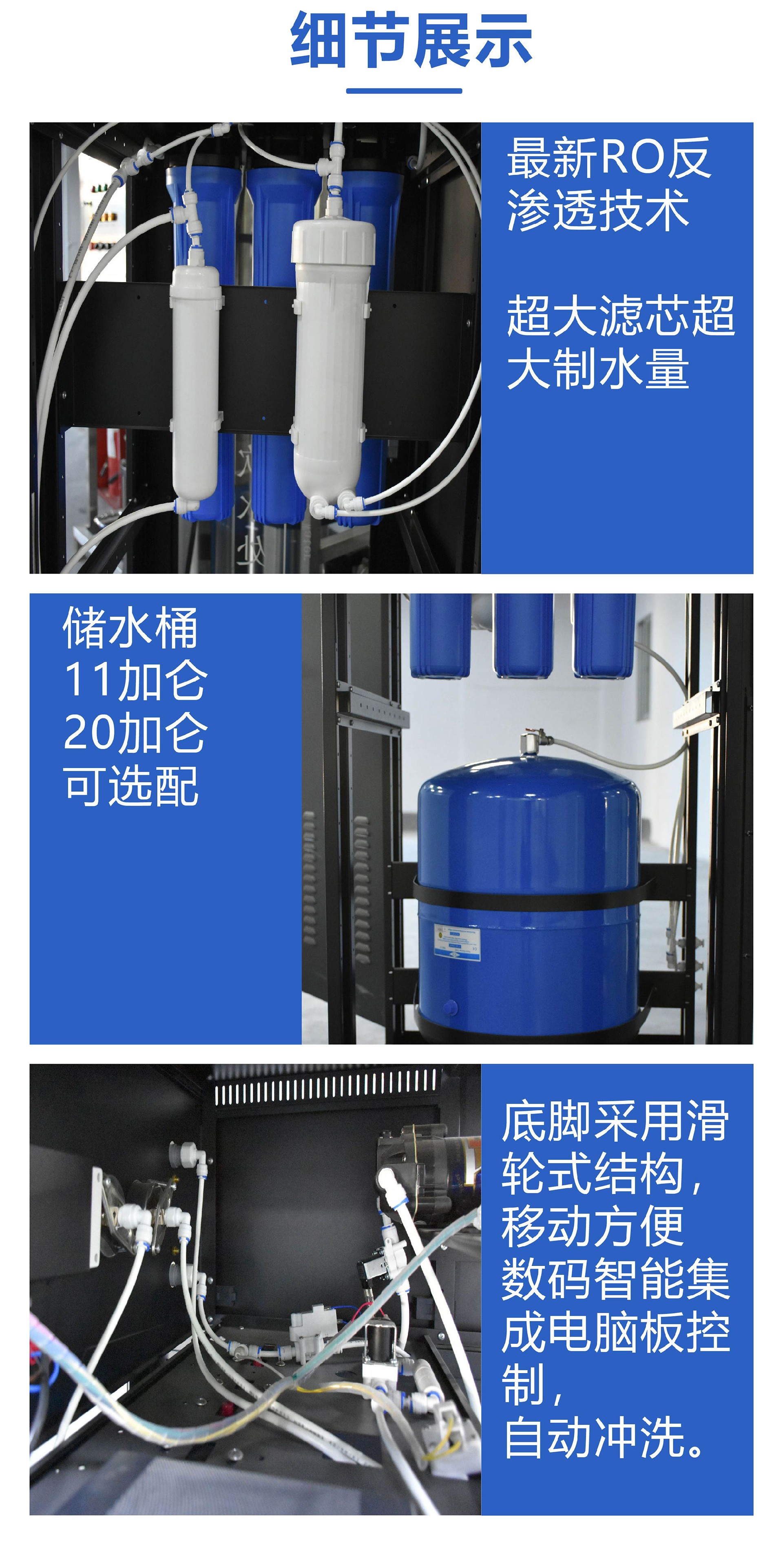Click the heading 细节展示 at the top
coord(411,40)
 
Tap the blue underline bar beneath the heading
coord(404,91)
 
